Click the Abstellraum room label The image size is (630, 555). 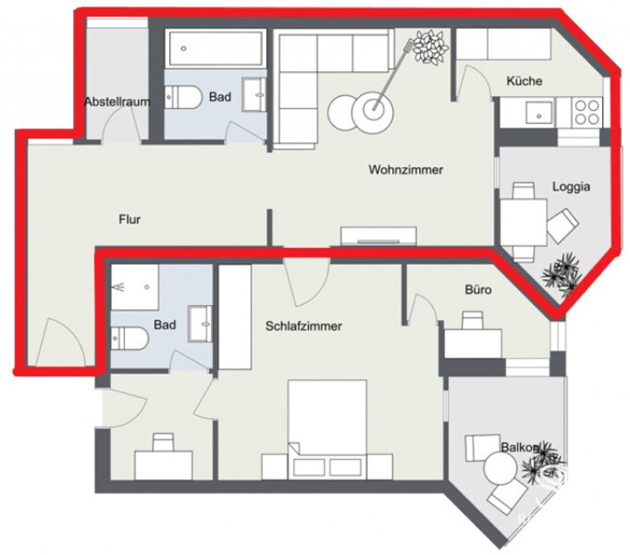click(117, 102)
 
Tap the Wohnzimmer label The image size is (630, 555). click(405, 170)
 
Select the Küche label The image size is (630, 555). click(524, 81)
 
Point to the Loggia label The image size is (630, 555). click(571, 187)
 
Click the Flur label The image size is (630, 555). click(129, 219)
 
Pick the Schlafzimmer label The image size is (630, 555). click(304, 326)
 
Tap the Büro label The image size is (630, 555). click(478, 290)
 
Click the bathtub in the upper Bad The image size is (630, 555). click(215, 48)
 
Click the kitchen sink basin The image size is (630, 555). click(539, 112)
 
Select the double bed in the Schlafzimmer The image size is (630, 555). click(327, 429)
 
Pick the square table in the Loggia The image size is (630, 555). click(523, 223)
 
